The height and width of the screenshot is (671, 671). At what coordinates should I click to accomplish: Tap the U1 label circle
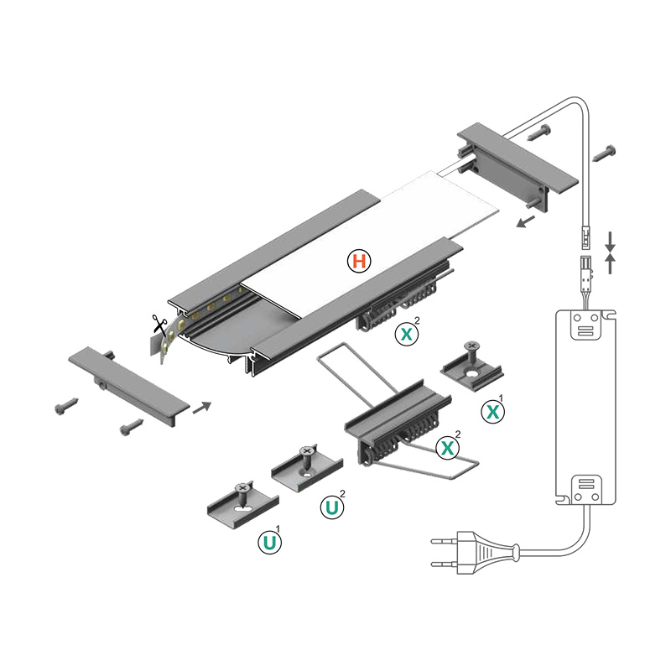pos(269,543)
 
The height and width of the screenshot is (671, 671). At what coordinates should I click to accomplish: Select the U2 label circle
pos(333,507)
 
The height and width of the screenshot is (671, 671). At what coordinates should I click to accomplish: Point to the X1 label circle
pos(494,412)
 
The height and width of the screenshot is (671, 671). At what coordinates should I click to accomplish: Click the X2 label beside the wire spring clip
pos(450,449)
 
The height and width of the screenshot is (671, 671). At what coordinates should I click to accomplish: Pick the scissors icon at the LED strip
pos(159,323)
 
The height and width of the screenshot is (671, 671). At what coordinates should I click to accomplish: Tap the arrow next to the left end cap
pos(202,408)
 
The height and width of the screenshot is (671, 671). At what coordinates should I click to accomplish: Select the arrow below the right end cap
pos(526,221)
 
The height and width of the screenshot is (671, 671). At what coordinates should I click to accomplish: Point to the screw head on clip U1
pos(244,486)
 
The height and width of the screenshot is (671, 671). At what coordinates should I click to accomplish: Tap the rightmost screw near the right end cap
pos(606,153)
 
